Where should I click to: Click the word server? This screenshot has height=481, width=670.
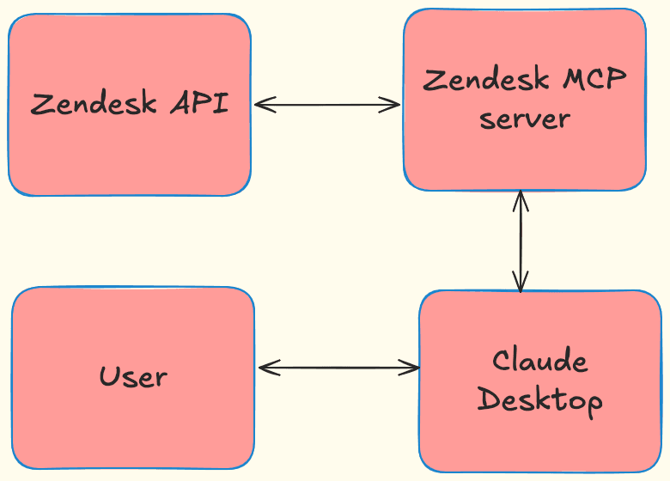(x=524, y=119)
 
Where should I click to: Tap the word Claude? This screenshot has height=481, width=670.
(x=539, y=361)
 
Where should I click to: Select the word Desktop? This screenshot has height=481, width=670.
(x=539, y=400)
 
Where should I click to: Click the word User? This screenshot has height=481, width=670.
(x=133, y=376)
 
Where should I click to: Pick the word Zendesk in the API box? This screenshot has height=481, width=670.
(x=94, y=104)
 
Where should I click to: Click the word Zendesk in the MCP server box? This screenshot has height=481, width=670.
(x=487, y=80)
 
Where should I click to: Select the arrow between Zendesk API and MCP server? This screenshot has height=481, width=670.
(x=327, y=105)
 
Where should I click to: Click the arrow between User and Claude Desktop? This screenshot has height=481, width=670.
(x=338, y=368)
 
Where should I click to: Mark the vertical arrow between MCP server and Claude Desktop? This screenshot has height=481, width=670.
(x=521, y=240)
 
